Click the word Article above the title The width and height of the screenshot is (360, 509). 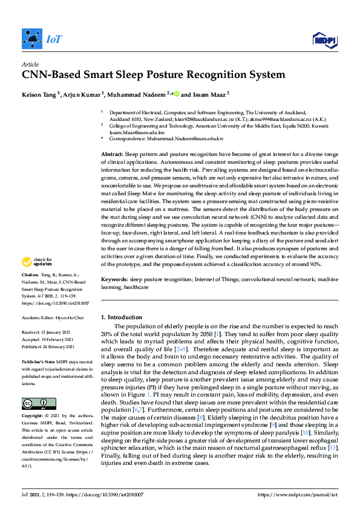[30, 64]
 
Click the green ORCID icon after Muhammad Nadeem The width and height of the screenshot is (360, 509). [177, 94]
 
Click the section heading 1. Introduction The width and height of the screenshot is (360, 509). [124, 317]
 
